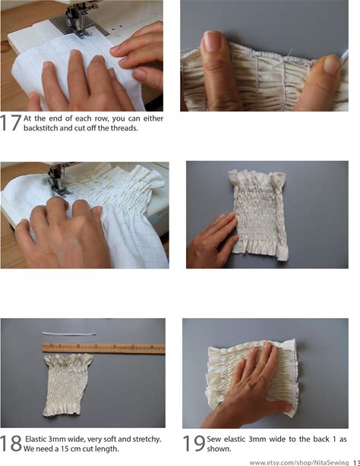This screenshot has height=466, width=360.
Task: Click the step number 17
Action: [11, 122]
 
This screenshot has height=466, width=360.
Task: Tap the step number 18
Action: [11, 443]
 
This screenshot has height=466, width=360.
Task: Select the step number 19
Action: [194, 443]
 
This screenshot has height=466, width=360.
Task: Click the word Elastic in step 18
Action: [36, 439]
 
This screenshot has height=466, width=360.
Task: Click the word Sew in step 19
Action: [214, 439]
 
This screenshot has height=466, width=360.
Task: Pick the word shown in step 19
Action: [218, 449]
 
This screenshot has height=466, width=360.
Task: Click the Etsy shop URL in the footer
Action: [298, 462]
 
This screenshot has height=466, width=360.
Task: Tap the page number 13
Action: [356, 463]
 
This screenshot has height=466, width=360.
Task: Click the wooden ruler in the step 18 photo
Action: [103, 348]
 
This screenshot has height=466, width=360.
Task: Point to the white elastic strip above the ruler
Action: [69, 334]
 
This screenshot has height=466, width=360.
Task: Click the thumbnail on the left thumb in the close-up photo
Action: [212, 41]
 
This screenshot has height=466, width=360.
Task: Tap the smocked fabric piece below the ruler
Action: [68, 385]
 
